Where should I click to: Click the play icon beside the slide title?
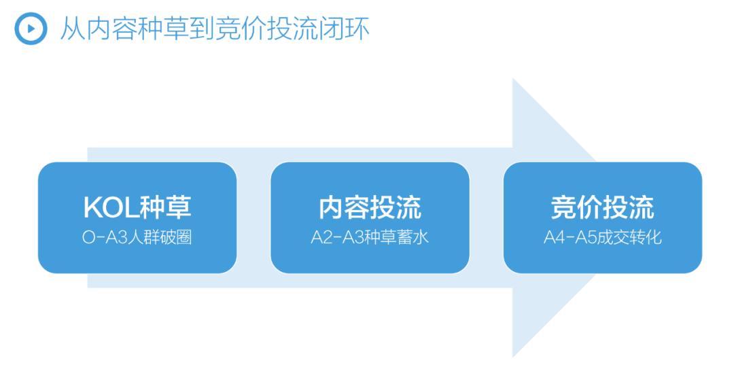pos(31,29)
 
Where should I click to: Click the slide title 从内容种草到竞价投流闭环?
pos(215,29)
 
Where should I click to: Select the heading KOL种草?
pos(137,207)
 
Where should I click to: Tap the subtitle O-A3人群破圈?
pos(137,237)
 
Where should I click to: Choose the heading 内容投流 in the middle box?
pos(370,207)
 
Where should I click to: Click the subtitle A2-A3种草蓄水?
pos(370,237)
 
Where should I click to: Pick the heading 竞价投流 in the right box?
pos(602,207)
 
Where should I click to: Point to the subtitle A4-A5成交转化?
pos(602,237)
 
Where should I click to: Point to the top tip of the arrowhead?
pos(514,81)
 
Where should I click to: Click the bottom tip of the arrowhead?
pos(514,354)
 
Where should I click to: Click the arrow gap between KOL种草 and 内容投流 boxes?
pos(254,218)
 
